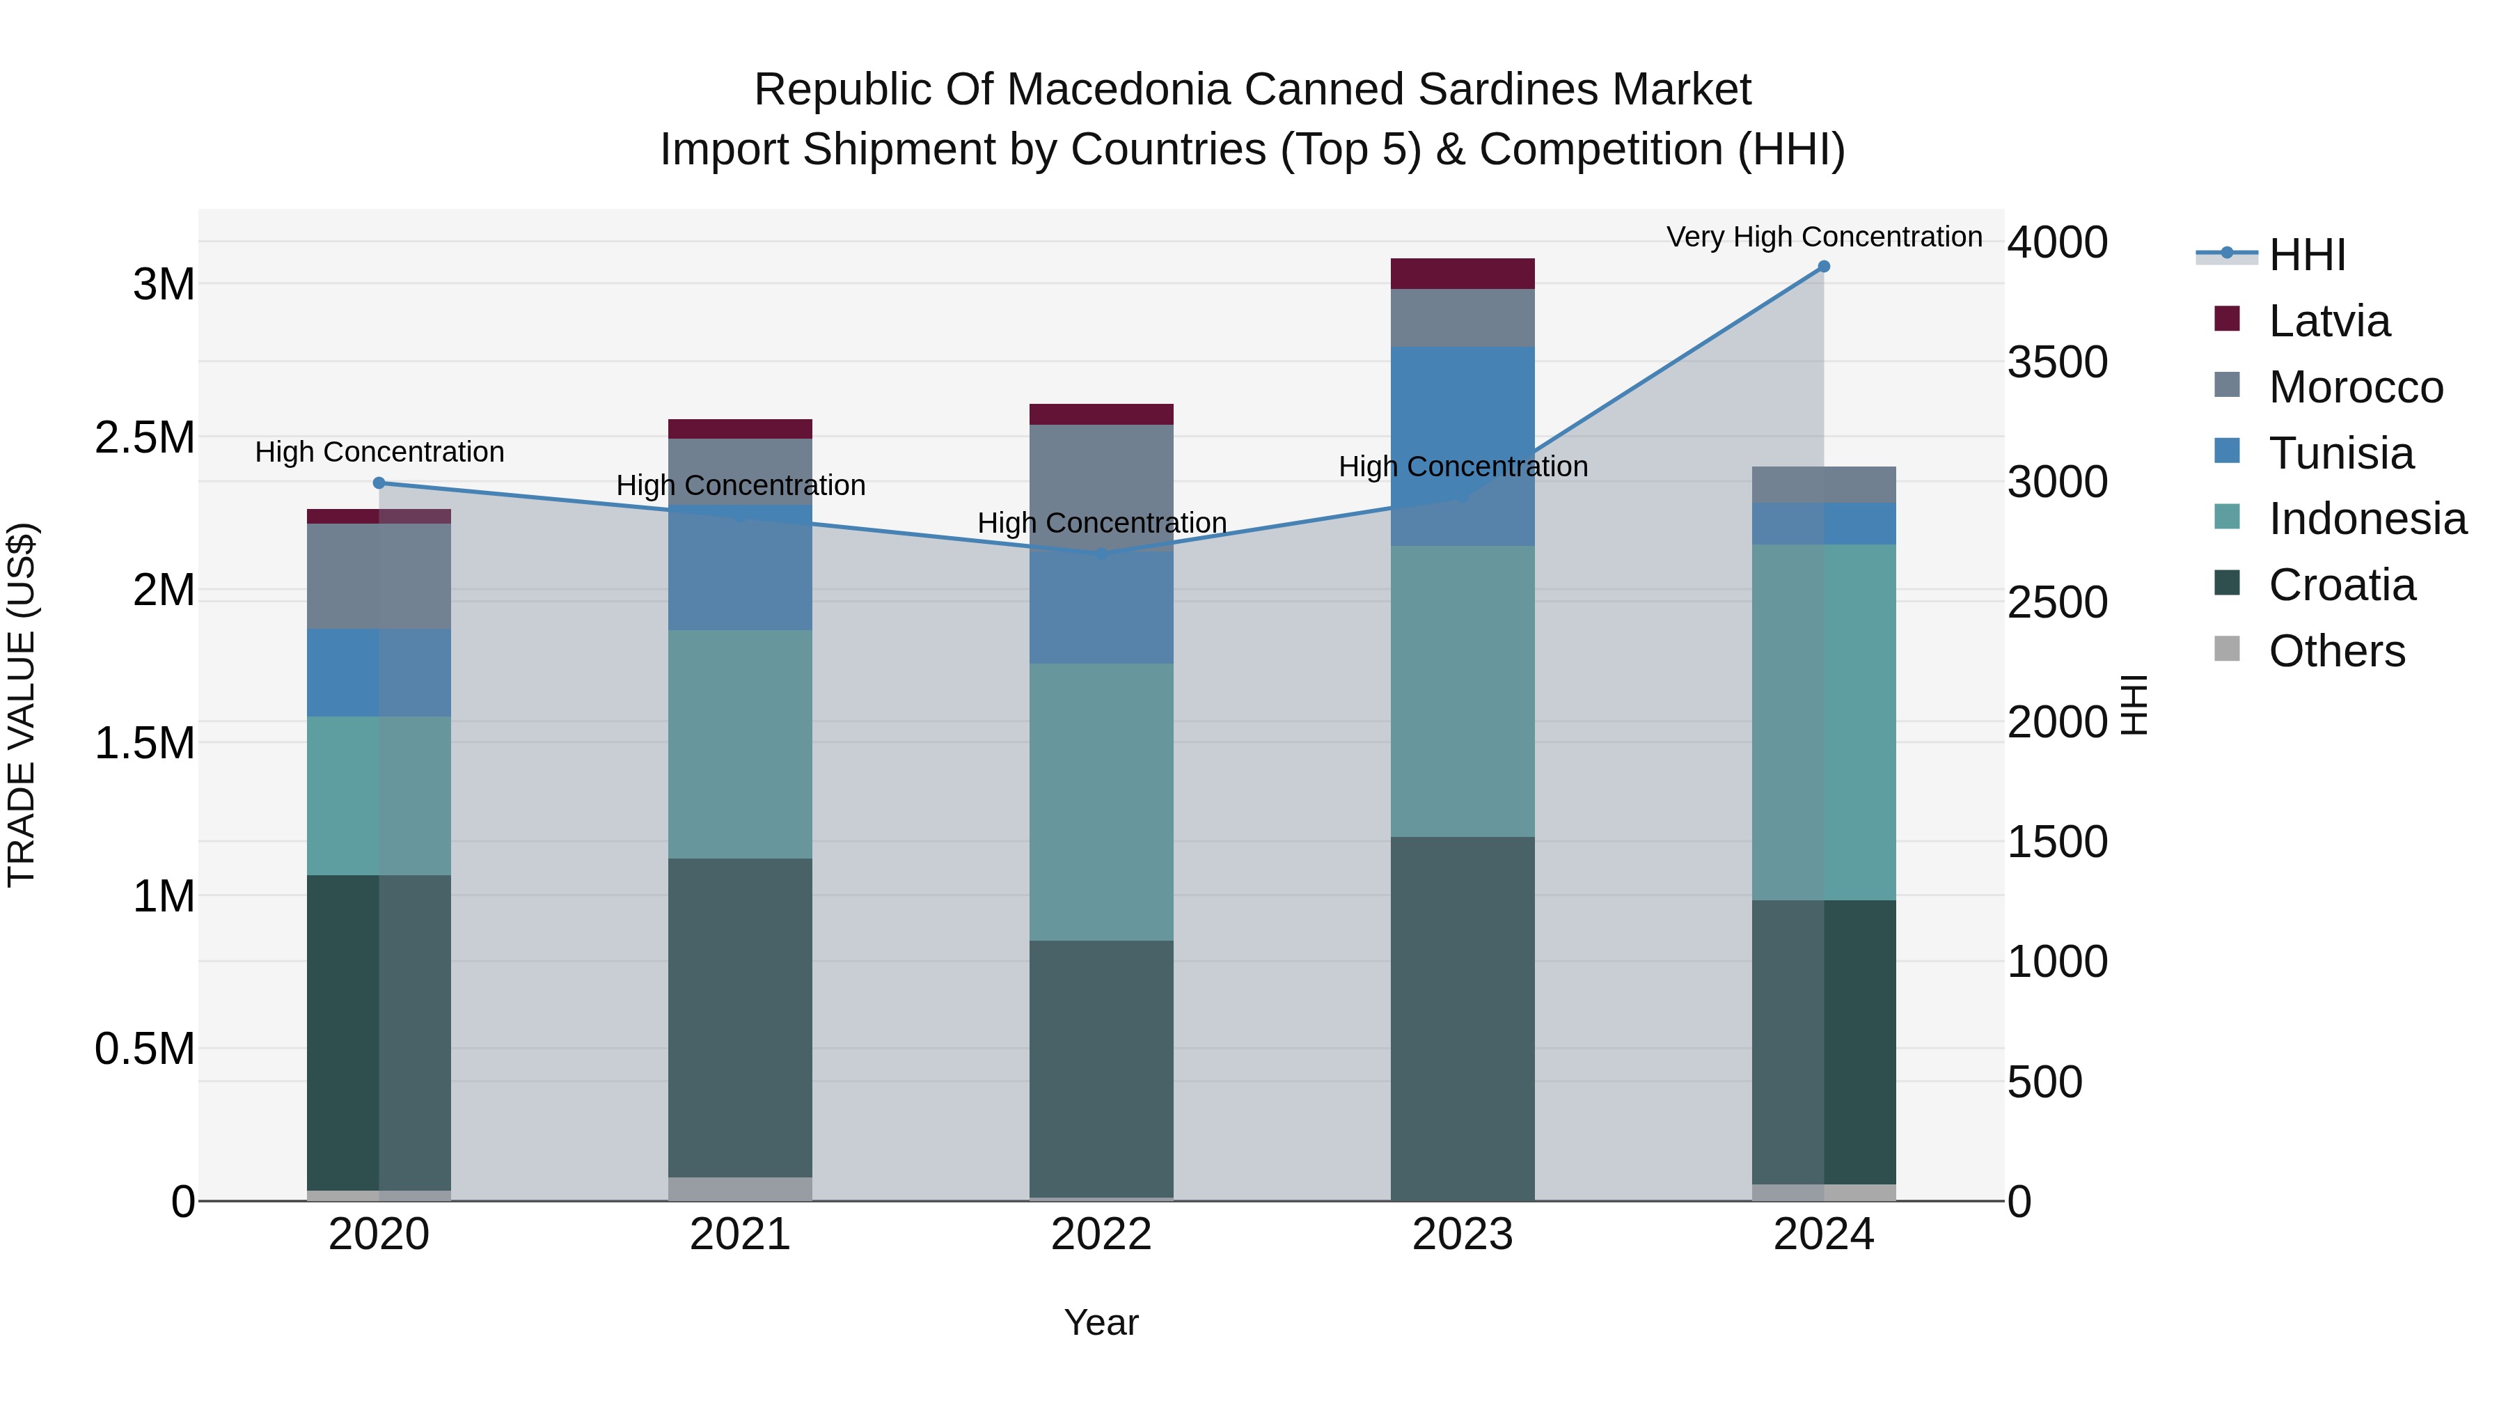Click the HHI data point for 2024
click(x=1823, y=267)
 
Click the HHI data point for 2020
click(x=379, y=483)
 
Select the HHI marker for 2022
click(x=1101, y=554)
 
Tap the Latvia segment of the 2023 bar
click(x=1462, y=274)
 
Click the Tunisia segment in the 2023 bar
click(x=1462, y=409)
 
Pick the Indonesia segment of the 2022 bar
click(x=1101, y=802)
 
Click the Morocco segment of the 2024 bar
click(x=1823, y=485)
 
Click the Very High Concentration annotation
click(x=1823, y=237)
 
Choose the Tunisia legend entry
click(x=2340, y=453)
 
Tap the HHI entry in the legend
click(x=2307, y=255)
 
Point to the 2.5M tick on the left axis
click(x=145, y=438)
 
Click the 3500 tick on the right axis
click(x=2056, y=362)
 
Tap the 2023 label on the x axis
click(x=1462, y=1235)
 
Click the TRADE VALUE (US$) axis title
click(x=22, y=705)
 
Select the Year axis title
click(x=1101, y=1322)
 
